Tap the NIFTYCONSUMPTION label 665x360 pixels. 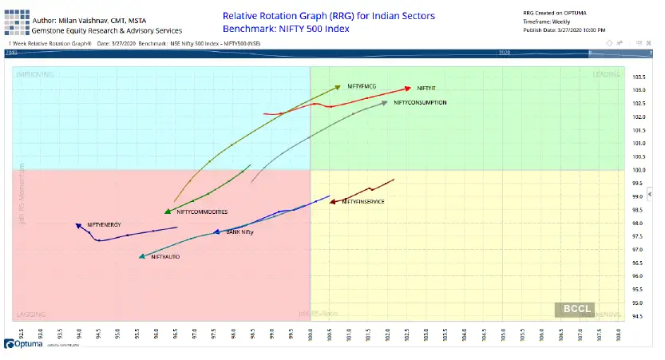click(420, 103)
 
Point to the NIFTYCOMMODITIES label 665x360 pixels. click(202, 212)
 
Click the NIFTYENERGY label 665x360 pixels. click(104, 225)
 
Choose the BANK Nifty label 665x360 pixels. click(239, 232)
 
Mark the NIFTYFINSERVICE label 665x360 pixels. click(363, 202)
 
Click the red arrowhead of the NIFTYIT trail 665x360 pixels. click(409, 88)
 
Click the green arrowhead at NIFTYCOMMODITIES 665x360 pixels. click(168, 212)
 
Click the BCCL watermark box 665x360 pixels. click(573, 310)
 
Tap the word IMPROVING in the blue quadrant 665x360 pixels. click(30, 73)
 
